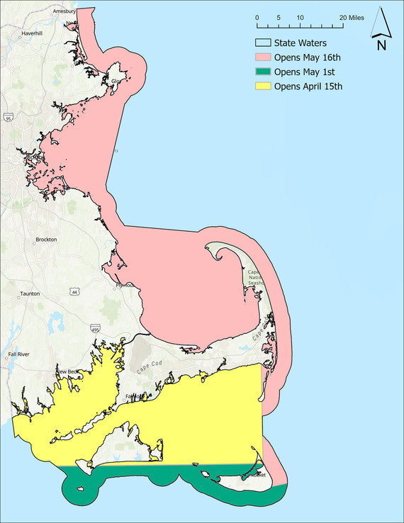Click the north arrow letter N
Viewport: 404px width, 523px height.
(x=381, y=46)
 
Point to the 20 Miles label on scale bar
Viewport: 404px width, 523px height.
(x=352, y=16)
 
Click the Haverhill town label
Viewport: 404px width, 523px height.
(x=33, y=33)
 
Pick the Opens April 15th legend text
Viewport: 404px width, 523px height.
(x=308, y=86)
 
